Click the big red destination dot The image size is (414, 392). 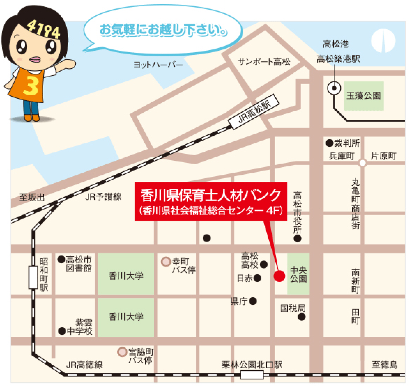click(279, 276)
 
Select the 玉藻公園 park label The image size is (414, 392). click(364, 96)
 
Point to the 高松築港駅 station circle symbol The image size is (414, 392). click(334, 88)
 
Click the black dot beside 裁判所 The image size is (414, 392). click(329, 143)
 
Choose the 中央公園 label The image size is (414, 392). click(298, 274)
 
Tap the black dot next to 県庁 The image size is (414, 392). click(253, 301)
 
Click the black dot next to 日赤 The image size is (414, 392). click(257, 278)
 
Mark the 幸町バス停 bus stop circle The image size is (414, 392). click(166, 262)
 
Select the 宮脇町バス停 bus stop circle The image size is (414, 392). click(122, 352)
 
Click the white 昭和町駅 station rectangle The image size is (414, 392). click(33, 277)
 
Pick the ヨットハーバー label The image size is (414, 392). click(158, 65)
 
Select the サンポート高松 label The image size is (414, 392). click(264, 62)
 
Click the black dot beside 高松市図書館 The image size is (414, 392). click(61, 259)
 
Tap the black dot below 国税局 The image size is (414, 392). click(302, 317)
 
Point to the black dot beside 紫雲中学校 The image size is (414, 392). click(62, 331)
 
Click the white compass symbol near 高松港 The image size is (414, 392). click(383, 41)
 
